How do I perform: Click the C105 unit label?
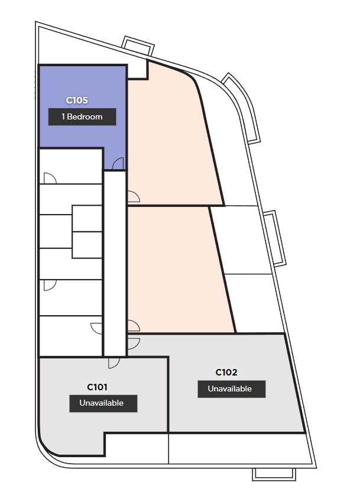coord(77,101)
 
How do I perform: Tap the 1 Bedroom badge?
coord(82,116)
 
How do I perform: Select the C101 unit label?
coord(97,387)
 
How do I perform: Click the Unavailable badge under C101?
coord(103,403)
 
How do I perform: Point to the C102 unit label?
coord(226,373)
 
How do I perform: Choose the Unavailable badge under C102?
coord(232,389)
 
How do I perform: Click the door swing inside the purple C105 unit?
coord(118,163)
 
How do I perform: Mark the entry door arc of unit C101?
coord(114,362)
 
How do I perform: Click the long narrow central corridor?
coord(115,264)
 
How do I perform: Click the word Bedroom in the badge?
coord(85,116)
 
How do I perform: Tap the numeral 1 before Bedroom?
coord(63,116)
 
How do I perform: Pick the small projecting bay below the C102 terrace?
coord(274,474)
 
